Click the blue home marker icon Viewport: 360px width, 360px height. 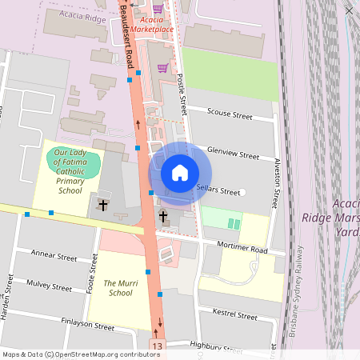click(180, 173)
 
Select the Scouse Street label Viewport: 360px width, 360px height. click(230, 115)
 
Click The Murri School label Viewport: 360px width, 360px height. click(118, 288)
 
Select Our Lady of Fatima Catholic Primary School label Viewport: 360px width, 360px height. click(70, 171)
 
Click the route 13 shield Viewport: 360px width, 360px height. click(156, 344)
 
